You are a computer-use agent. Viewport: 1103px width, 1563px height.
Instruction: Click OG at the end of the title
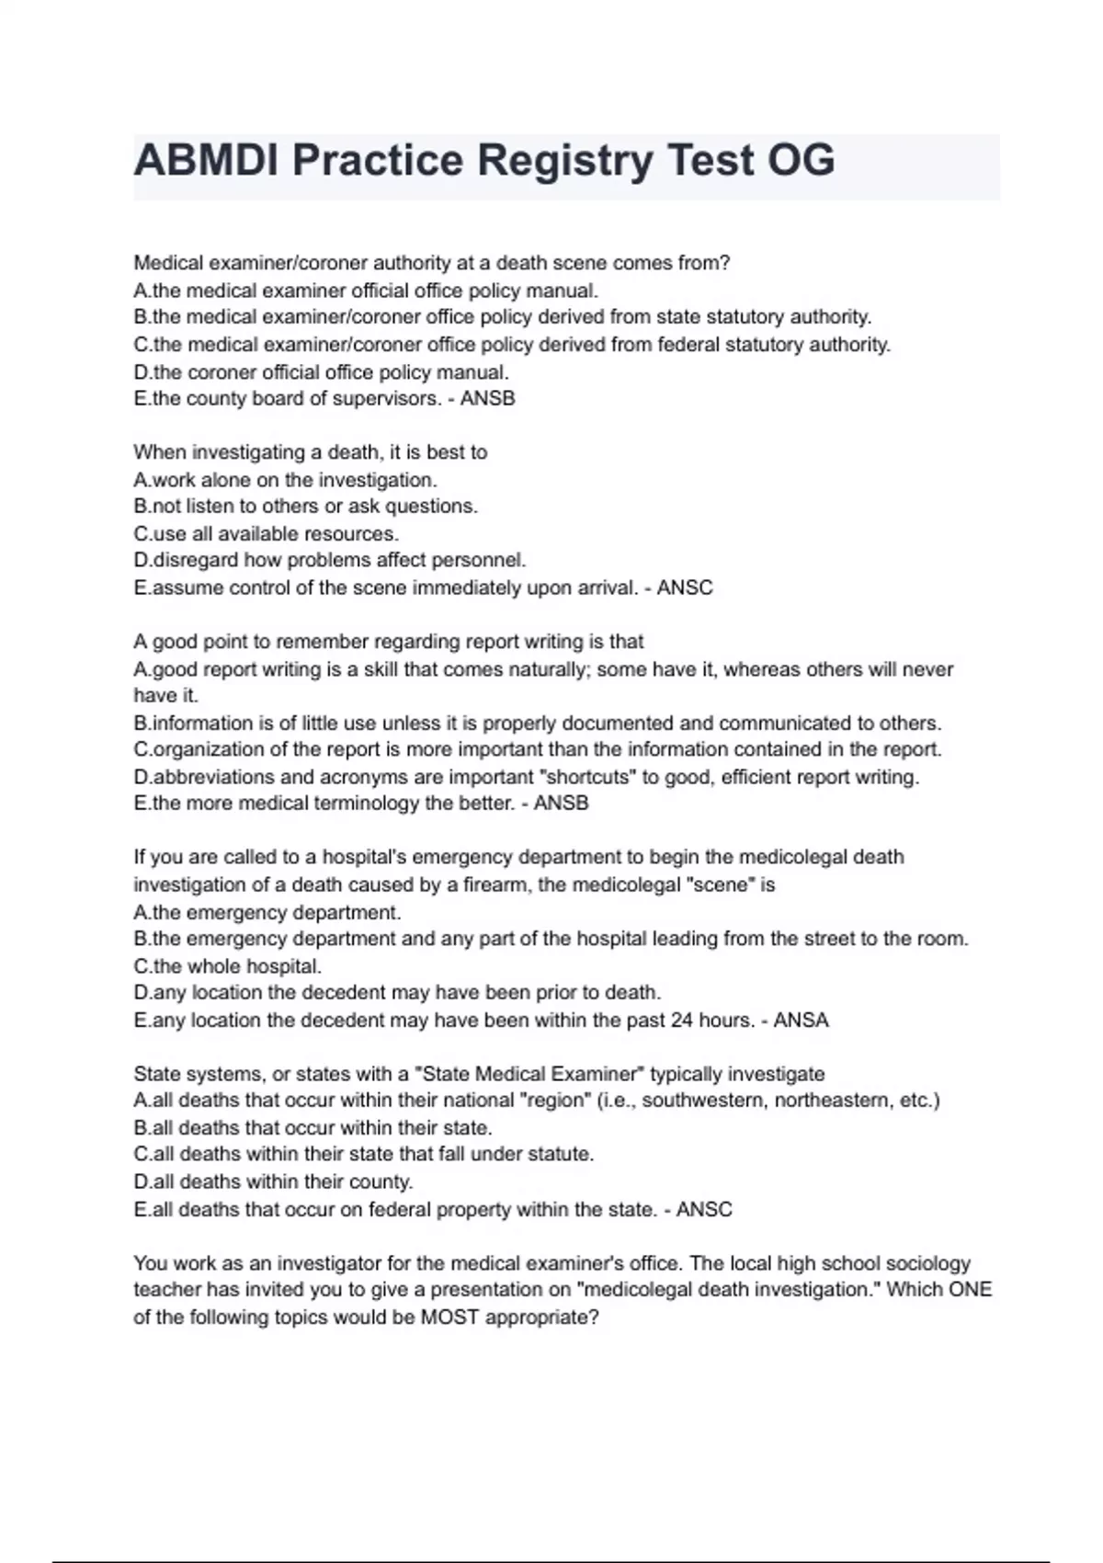coord(801,160)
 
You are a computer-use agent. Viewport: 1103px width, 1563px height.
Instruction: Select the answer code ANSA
coord(801,1020)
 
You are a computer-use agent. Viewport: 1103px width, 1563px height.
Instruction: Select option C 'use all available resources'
coord(267,533)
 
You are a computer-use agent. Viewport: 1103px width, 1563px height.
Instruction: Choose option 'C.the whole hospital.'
coord(227,966)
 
